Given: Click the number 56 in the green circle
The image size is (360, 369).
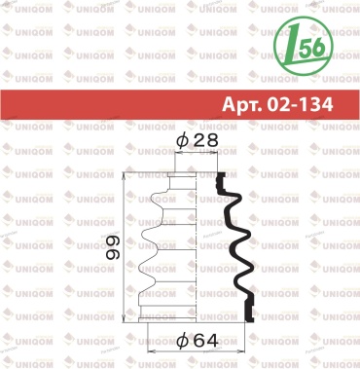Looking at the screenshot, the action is coord(312,48).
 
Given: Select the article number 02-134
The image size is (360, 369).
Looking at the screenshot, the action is coord(300,104).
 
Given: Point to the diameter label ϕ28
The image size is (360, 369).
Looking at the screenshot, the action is coord(197,140).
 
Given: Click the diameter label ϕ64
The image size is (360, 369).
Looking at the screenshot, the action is coord(197,341).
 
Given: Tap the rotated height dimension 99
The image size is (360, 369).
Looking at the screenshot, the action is coord(113,247).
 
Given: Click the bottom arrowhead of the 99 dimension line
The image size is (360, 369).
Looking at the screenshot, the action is coord(125,318).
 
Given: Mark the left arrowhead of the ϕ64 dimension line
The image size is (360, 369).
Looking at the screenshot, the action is coord(152,351).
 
